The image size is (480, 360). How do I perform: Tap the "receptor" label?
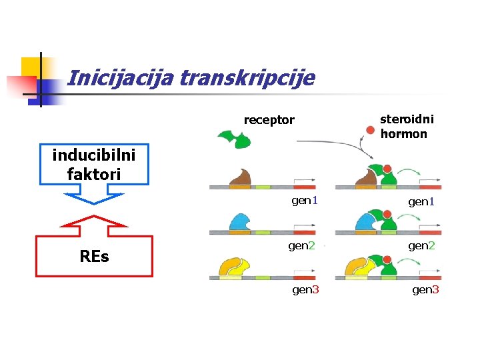[269, 120]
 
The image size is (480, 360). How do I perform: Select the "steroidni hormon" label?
[407, 126]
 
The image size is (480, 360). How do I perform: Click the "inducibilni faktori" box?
[93, 164]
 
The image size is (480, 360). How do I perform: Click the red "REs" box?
[93, 256]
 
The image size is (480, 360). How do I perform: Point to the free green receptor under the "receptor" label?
[234, 140]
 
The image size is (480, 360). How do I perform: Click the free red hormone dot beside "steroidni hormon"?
[370, 130]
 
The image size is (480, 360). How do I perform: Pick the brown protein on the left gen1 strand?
[238, 177]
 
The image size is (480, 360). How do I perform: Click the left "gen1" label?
[305, 201]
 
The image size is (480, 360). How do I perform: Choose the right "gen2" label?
[421, 245]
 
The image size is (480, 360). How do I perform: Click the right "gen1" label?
[421, 201]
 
